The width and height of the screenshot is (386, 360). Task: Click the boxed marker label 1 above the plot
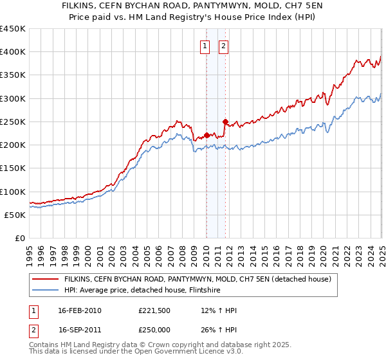point(205,46)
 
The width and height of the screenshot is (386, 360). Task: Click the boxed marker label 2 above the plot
point(223,46)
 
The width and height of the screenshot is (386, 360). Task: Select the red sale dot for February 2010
point(207,135)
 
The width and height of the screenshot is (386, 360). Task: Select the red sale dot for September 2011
point(225,122)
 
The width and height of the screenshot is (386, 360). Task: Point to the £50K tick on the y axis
point(15,215)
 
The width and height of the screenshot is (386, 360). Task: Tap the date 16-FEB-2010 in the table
point(80,310)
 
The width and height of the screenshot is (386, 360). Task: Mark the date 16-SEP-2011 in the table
point(80,331)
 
